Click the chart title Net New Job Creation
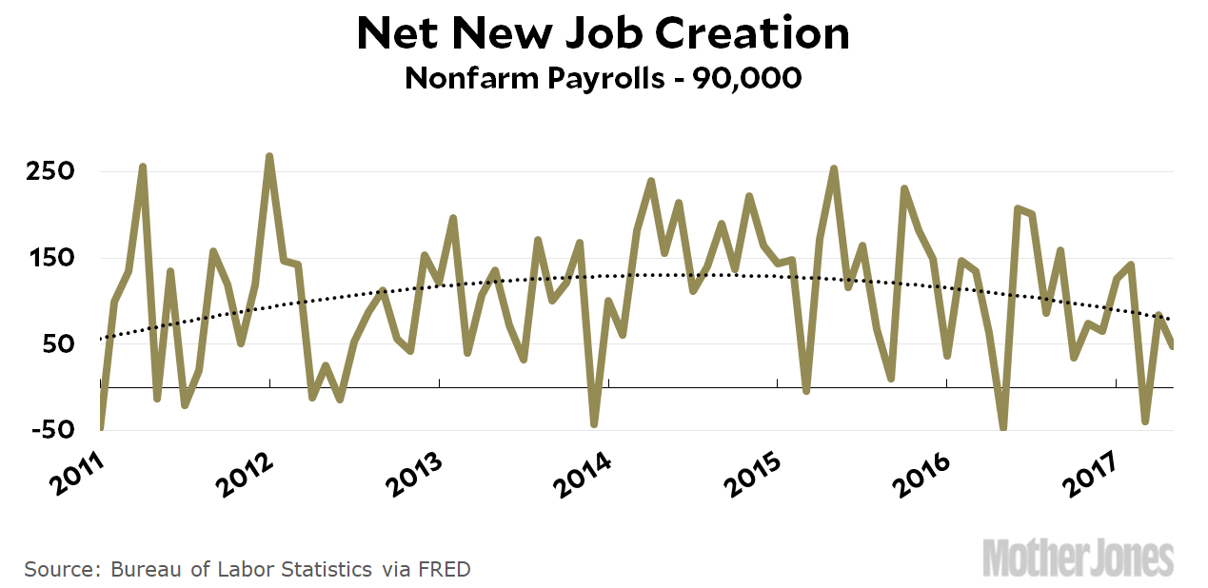[603, 34]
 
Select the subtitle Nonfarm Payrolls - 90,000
[603, 78]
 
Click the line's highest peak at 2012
[269, 156]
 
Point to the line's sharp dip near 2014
[594, 423]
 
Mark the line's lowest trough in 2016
[1003, 427]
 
